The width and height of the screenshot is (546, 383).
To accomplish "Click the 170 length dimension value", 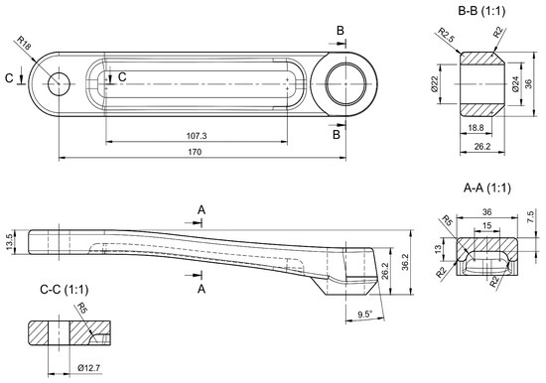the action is click(195, 152).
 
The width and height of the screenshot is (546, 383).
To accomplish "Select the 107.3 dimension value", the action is click(197, 136).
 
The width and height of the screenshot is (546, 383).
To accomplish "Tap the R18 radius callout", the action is click(24, 44).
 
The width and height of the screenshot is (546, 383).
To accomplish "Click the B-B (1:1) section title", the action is click(481, 11).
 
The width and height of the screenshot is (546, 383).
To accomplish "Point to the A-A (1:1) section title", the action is click(487, 188).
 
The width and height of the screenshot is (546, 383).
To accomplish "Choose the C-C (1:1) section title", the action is click(65, 290).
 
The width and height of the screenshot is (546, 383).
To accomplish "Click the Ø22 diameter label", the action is click(434, 84).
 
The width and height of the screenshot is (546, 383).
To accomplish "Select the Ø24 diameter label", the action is click(515, 84).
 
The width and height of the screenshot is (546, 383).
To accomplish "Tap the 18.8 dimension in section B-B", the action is click(476, 128).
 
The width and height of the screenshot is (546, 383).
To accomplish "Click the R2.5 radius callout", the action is click(446, 35).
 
